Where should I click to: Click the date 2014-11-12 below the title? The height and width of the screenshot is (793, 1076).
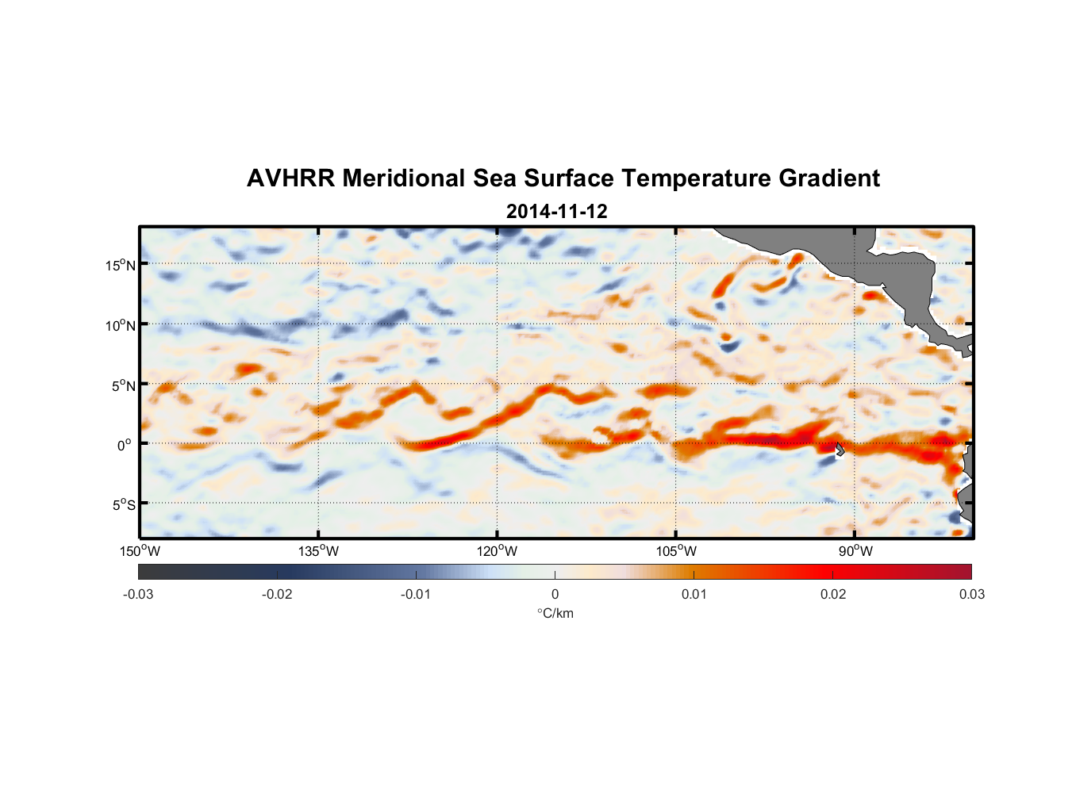556,212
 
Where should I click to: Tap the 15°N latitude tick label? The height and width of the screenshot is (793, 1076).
121,265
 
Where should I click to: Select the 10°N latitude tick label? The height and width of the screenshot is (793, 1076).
121,325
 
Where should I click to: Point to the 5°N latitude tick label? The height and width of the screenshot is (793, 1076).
123,385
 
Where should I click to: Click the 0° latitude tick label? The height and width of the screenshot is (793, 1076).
125,446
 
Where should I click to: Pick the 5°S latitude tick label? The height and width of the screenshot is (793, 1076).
123,505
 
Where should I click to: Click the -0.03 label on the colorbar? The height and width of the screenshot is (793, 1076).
138,595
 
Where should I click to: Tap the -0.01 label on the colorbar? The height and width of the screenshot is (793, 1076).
416,595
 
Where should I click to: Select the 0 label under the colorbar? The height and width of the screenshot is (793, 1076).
555,595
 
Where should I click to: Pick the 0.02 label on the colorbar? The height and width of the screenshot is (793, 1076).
833,595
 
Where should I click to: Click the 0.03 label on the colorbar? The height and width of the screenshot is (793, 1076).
972,595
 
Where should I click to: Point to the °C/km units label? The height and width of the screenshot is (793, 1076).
555,614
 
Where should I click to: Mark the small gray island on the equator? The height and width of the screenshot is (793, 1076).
840,449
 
